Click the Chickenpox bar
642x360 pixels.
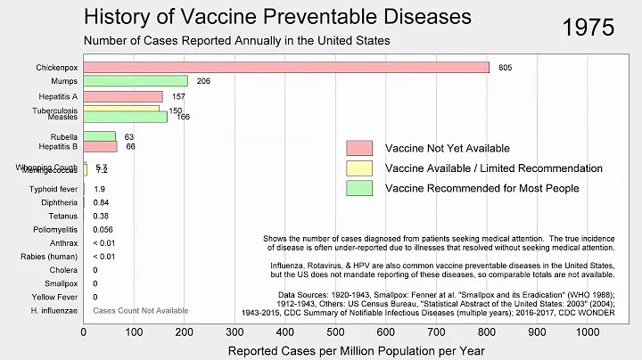[285, 67]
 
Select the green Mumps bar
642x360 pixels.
[136, 81]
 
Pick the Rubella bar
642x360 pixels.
[99, 136]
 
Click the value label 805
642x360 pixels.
[506, 67]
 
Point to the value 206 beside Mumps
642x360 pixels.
[202, 81]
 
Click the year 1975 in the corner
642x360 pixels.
[589, 27]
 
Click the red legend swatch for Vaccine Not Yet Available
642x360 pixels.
[359, 148]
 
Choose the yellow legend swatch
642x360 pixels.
[359, 168]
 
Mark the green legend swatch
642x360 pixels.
[359, 188]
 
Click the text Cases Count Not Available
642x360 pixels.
[141, 310]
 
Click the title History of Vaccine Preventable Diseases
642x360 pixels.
[277, 17]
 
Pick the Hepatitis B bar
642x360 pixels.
[100, 146]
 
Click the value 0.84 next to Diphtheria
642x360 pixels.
[101, 202]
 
